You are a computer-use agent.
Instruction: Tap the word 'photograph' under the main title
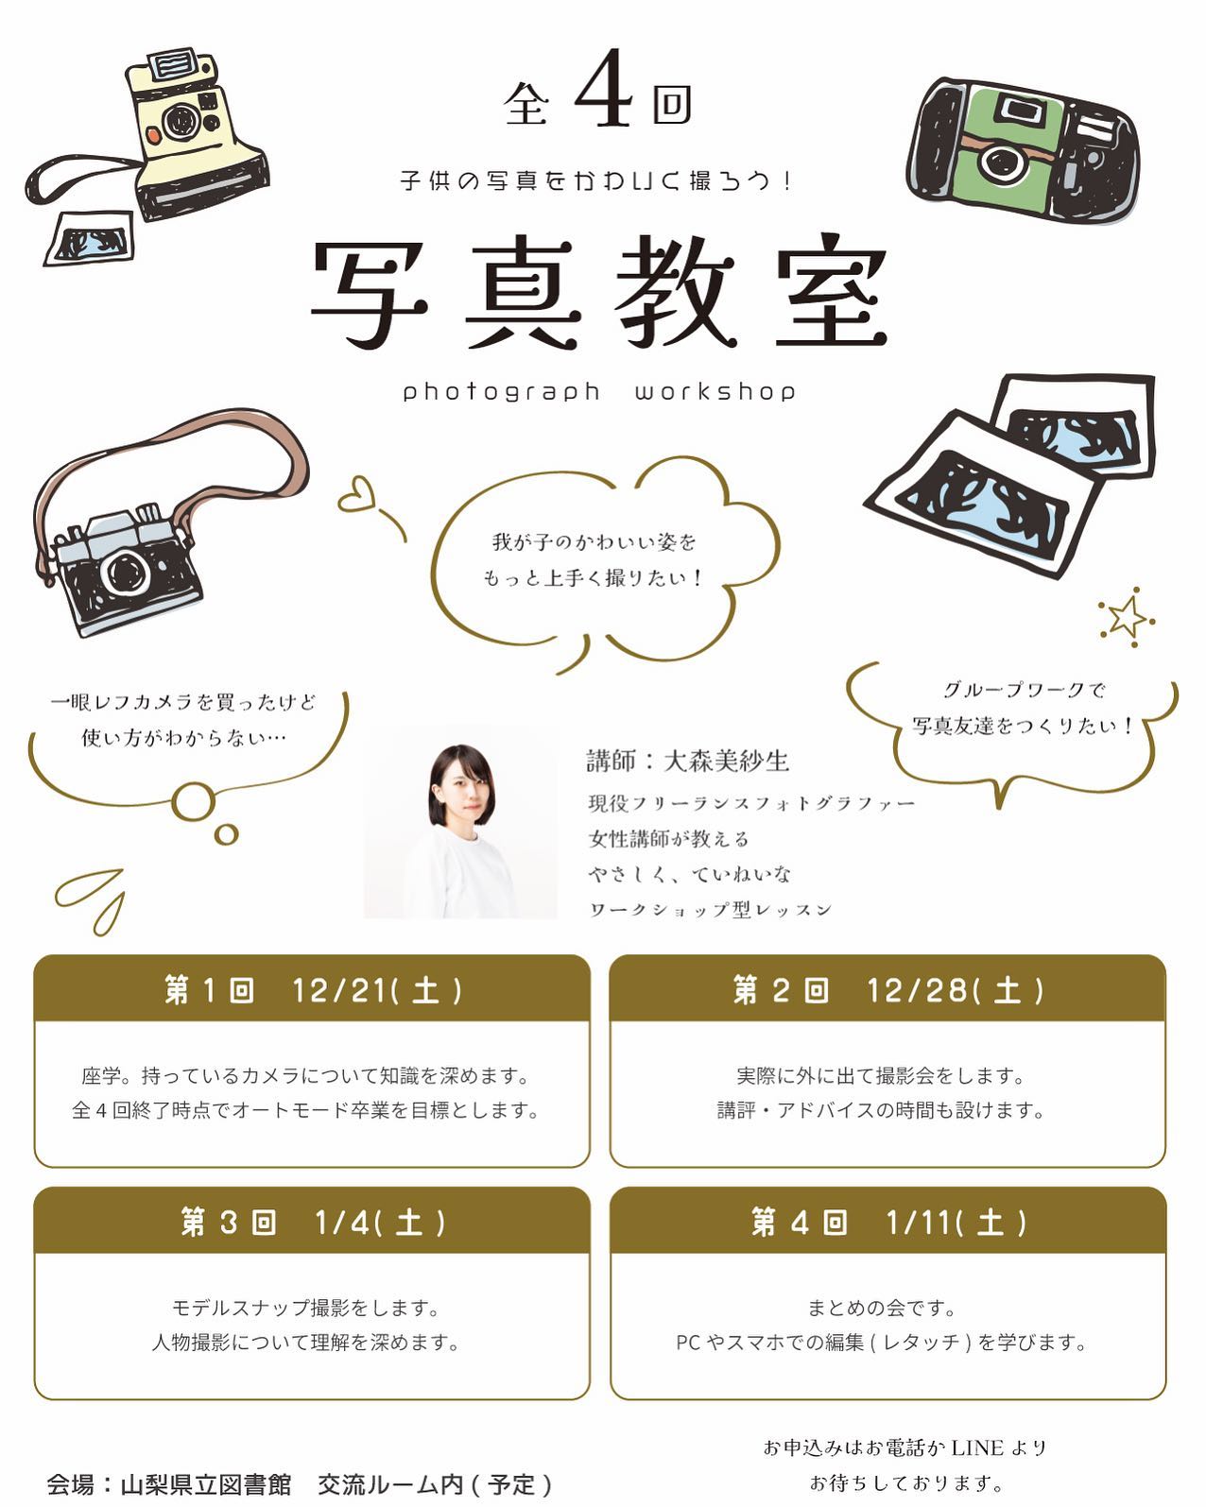pos(502,391)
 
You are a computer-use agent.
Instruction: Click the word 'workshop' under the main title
pos(715,391)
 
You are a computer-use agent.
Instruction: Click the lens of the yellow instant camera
pos(179,122)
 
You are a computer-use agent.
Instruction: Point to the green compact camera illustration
pos(1022,151)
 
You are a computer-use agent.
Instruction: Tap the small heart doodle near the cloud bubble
pos(358,494)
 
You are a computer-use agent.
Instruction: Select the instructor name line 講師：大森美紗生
pos(687,761)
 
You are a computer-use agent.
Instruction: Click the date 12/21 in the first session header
pos(339,990)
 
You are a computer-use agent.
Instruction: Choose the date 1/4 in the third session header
pos(341,1223)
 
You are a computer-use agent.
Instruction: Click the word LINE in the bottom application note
pos(976,1447)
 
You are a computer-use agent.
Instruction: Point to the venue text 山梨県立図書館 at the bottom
pos(205,1484)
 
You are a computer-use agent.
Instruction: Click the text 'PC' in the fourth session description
pos(688,1343)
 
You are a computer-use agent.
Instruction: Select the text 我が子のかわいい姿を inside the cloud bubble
pos(594,542)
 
